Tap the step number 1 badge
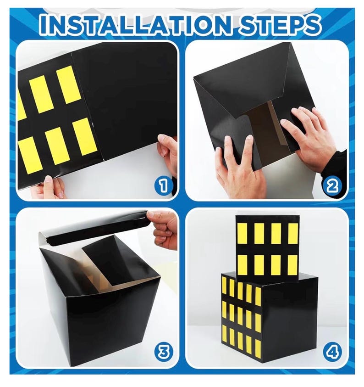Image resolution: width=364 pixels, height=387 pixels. click(x=163, y=185)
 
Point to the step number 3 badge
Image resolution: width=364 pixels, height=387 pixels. click(x=163, y=352)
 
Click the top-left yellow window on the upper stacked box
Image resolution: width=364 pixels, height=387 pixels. click(x=242, y=233)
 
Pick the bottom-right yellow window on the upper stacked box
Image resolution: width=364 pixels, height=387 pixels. click(x=292, y=265)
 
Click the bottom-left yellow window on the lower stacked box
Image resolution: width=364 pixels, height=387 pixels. click(x=224, y=334)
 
